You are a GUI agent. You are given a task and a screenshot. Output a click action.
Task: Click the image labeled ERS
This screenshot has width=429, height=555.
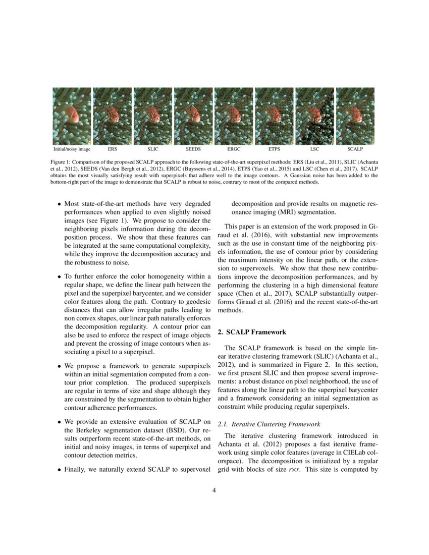click(x=112, y=117)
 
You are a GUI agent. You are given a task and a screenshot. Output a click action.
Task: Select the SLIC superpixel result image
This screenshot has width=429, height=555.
click(x=152, y=117)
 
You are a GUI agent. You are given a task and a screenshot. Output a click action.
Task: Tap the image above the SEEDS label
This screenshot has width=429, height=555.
click(x=193, y=117)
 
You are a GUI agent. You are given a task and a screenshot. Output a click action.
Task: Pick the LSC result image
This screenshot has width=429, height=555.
click(x=314, y=117)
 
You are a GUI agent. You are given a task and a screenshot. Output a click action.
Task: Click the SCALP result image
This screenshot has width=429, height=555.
click(x=355, y=117)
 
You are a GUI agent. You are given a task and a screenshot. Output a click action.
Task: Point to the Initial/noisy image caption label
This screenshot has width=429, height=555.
click(x=72, y=149)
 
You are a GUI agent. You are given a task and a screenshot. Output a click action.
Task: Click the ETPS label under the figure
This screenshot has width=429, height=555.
click(x=274, y=149)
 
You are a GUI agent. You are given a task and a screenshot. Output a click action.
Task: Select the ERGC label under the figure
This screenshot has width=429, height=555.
click(x=234, y=149)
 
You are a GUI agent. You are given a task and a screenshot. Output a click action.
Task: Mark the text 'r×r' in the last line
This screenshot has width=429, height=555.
click(x=294, y=469)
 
